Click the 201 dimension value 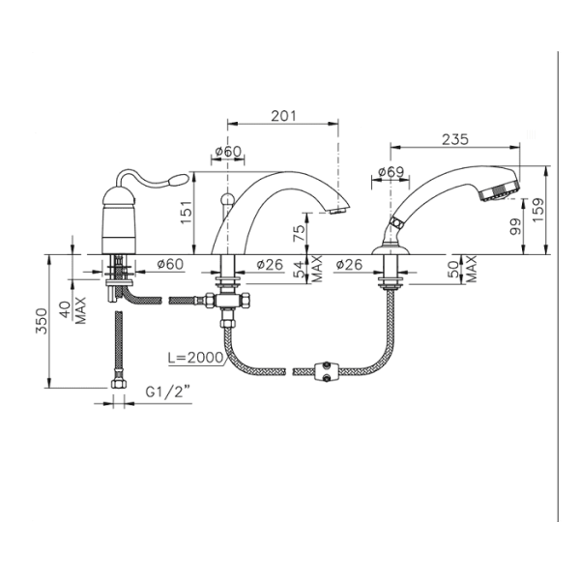pyautogui.click(x=283, y=116)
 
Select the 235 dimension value pyautogui.click(x=455, y=139)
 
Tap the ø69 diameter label pyautogui.click(x=391, y=172)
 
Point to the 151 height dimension pyautogui.click(x=186, y=212)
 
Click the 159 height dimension pyautogui.click(x=539, y=210)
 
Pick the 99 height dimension pyautogui.click(x=515, y=226)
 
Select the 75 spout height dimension pyautogui.click(x=299, y=233)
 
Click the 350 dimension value pyautogui.click(x=42, y=321)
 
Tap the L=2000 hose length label pyautogui.click(x=195, y=358)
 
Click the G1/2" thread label pyautogui.click(x=168, y=391)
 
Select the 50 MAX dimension pyautogui.click(x=462, y=269)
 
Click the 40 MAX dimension pyautogui.click(x=72, y=310)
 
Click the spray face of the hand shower pyautogui.click(x=500, y=192)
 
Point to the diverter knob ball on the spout pyautogui.click(x=226, y=199)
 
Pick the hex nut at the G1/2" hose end pyautogui.click(x=118, y=384)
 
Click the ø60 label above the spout pyautogui.click(x=228, y=151)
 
